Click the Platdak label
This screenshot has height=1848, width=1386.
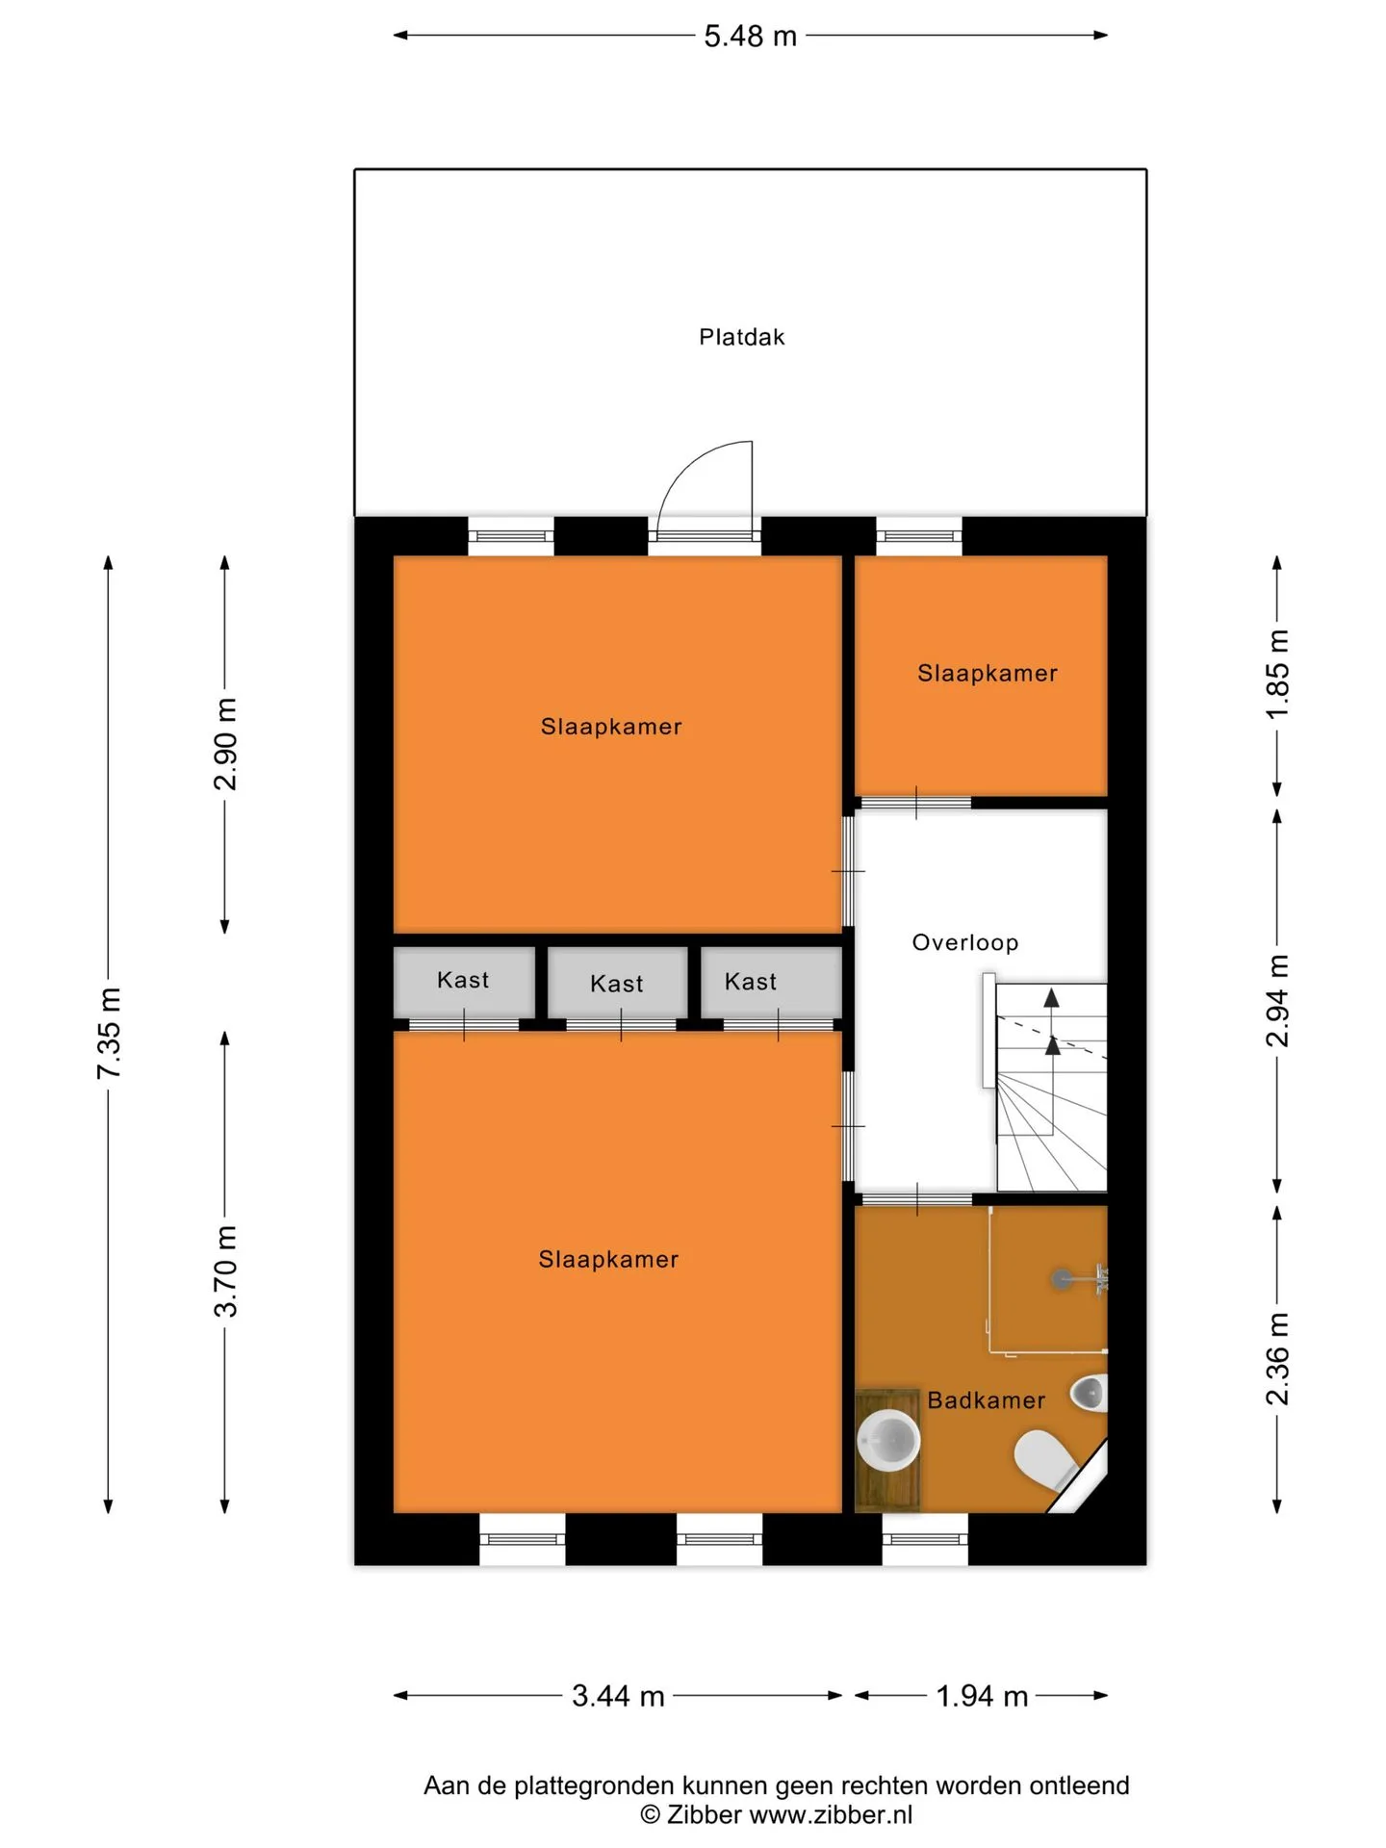[x=741, y=337]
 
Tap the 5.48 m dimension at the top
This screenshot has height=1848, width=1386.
[x=751, y=36]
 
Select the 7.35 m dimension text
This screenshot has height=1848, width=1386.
[x=109, y=1033]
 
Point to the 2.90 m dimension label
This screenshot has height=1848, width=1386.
[x=225, y=744]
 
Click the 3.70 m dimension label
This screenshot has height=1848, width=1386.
[x=225, y=1271]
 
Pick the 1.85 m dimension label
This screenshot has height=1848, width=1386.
[x=1277, y=675]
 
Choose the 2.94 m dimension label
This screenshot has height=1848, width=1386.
[x=1277, y=1000]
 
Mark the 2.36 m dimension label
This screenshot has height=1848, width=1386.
[x=1277, y=1358]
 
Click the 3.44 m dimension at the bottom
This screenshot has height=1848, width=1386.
[x=618, y=1696]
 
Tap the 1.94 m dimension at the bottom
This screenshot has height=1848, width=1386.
[x=982, y=1696]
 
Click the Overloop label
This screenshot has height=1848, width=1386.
[x=965, y=942]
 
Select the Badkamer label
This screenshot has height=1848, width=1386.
[x=986, y=1400]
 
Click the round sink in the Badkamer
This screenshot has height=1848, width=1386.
[x=888, y=1441]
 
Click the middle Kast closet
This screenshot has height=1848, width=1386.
[x=618, y=983]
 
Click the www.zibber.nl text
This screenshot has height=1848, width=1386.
[x=830, y=1815]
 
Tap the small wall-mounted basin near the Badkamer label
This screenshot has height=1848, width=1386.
[x=1091, y=1393]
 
